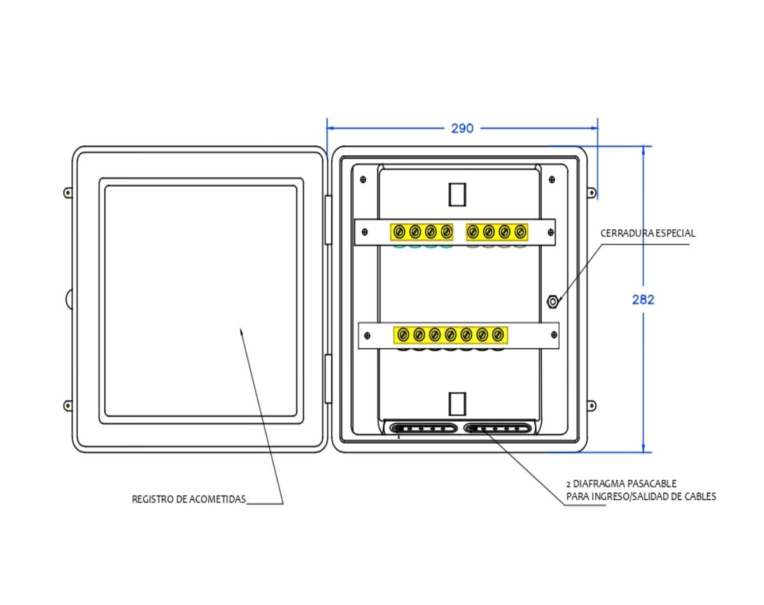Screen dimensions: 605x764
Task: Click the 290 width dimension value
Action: tap(462, 128)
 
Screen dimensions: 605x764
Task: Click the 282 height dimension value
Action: tap(643, 299)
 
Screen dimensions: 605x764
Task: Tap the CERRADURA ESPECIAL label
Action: tap(647, 234)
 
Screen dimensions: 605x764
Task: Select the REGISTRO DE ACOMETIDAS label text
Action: tap(188, 499)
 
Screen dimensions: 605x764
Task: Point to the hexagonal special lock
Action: tap(553, 301)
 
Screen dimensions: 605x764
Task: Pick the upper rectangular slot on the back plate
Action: tap(457, 194)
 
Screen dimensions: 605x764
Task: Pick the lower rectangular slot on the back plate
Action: tap(457, 404)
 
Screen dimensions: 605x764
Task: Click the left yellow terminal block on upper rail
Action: tap(421, 231)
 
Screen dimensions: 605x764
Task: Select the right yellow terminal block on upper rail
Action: tap(497, 231)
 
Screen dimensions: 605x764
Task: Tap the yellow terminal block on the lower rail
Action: tap(450, 334)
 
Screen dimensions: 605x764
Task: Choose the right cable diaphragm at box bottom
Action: tap(498, 428)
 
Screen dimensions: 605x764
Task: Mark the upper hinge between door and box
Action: tap(329, 220)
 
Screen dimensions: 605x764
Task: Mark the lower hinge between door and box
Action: tap(329, 379)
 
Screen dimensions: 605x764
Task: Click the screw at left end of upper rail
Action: tap(365, 232)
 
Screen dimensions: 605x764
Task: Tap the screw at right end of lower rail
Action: tap(551, 335)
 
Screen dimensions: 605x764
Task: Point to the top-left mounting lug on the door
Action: tap(67, 192)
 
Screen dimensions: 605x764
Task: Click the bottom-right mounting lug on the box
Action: tap(591, 405)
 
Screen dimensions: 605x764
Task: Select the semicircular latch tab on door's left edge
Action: tap(69, 299)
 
